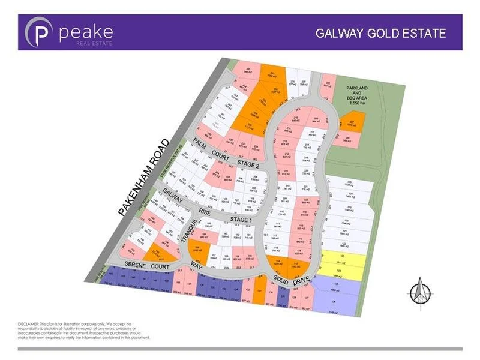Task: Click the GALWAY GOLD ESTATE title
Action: coord(381,32)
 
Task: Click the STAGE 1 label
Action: coord(239,220)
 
